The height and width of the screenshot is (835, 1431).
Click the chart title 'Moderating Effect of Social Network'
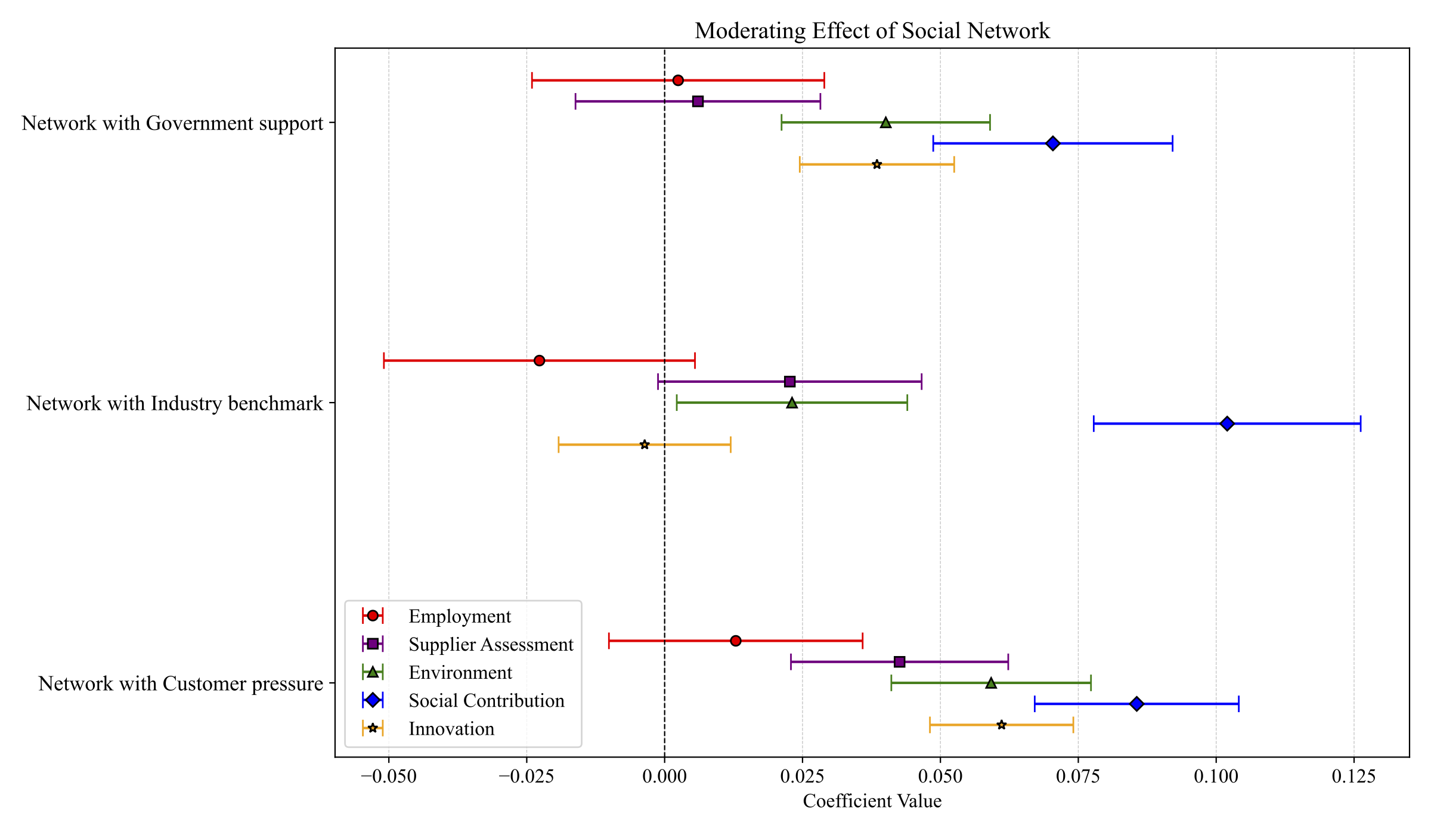pos(872,31)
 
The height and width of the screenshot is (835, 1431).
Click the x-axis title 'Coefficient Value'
pos(872,801)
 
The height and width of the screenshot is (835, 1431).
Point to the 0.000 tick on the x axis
pos(664,776)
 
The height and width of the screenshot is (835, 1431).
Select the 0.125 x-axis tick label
pos(1353,776)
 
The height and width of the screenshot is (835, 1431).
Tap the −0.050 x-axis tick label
pos(388,776)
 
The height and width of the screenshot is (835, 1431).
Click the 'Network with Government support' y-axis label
pos(172,123)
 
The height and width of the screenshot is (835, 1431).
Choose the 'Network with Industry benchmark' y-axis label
pos(175,404)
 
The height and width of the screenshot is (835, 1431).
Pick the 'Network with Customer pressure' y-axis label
pos(181,684)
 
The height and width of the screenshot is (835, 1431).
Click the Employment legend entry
pos(459,616)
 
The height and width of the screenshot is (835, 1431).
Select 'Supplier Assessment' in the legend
pos(490,644)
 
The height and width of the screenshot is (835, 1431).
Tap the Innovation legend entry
pos(451,729)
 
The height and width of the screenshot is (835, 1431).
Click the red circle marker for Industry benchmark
pos(539,361)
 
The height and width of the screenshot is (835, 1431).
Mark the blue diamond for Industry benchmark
pos(1227,424)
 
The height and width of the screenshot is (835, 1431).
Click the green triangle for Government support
pos(886,123)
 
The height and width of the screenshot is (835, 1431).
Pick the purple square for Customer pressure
pos(900,662)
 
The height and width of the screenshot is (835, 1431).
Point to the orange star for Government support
pos(876,165)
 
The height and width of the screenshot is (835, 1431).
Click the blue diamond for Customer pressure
pos(1136,704)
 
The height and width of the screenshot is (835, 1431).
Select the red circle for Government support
pos(678,81)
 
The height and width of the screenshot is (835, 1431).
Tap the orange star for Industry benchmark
pos(645,445)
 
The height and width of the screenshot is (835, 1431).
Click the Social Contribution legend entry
pos(486,701)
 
